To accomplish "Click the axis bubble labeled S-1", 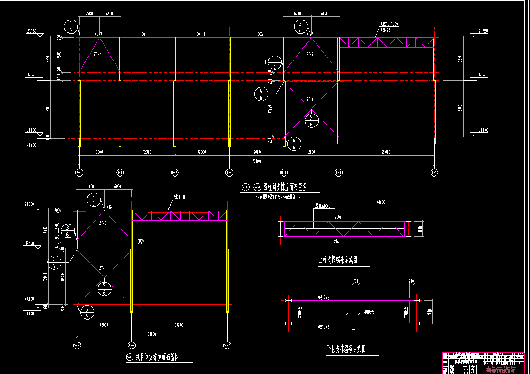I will [x=79, y=172].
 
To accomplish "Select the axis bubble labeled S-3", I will [x=175, y=172].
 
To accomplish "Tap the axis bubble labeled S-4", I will [x=229, y=172].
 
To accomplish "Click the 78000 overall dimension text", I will [x=256, y=161].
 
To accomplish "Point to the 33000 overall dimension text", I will [x=152, y=334].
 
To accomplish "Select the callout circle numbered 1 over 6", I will [x=70, y=27].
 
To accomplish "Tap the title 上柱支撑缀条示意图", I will [x=337, y=260].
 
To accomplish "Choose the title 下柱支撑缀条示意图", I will [x=345, y=349].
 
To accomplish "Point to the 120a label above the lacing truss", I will [x=336, y=216].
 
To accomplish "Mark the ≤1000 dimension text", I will [x=381, y=202].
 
